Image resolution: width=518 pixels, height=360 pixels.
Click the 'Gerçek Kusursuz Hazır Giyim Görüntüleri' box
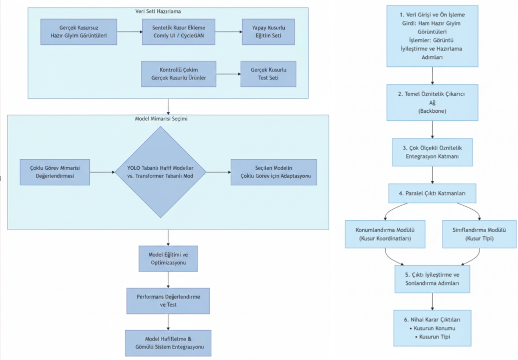[78, 32]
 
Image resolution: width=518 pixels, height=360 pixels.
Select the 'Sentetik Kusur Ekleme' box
[179, 32]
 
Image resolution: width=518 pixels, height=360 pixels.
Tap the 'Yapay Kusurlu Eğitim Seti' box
[268, 32]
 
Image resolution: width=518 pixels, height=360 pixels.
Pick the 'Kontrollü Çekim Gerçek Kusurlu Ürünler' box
[179, 74]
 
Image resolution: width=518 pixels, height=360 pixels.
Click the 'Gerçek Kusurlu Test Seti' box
[268, 74]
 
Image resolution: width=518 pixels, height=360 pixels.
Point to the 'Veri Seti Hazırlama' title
[158, 11]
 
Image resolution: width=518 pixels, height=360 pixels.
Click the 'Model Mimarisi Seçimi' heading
[161, 118]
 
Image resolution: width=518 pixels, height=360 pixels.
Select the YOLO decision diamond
[160, 172]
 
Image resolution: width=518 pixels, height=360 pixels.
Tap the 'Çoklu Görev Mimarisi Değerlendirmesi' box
[55, 172]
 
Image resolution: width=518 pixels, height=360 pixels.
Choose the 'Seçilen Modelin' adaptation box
[274, 172]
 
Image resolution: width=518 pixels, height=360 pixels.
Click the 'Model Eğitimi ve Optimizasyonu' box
[168, 259]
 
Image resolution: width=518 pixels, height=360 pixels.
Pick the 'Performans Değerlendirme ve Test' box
[168, 301]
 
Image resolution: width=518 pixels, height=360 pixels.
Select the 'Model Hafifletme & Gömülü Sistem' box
[168, 343]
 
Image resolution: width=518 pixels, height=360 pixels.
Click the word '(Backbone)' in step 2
[432, 111]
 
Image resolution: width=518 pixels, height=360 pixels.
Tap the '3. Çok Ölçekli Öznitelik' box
[432, 152]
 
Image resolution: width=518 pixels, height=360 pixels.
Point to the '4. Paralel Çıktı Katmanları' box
[432, 193]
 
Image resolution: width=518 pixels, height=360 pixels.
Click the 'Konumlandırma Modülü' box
[385, 234]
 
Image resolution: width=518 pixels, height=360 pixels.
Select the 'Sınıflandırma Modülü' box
[479, 234]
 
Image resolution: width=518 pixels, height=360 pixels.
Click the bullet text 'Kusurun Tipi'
[435, 337]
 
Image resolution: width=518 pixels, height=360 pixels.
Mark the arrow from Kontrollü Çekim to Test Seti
[228, 74]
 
